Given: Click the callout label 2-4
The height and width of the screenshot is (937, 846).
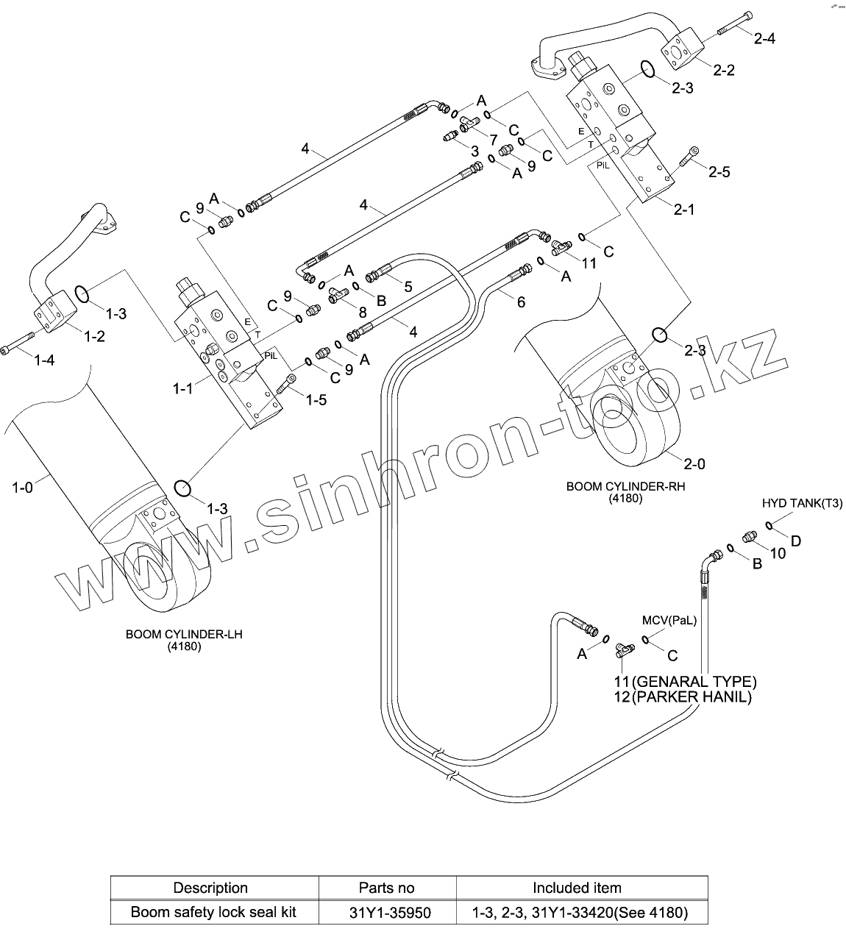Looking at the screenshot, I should pyautogui.click(x=764, y=39).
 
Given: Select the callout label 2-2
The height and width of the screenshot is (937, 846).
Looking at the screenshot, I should pyautogui.click(x=724, y=70).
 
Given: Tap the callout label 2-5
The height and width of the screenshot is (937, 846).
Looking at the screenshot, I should pyautogui.click(x=719, y=172).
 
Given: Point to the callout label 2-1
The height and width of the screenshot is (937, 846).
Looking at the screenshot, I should pyautogui.click(x=684, y=210).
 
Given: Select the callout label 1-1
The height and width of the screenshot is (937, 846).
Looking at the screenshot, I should pyautogui.click(x=183, y=388).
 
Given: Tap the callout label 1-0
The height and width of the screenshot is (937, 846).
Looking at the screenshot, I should pyautogui.click(x=23, y=486).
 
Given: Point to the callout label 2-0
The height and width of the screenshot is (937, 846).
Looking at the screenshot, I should pyautogui.click(x=694, y=464).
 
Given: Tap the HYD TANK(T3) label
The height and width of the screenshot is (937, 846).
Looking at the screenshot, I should pyautogui.click(x=802, y=504).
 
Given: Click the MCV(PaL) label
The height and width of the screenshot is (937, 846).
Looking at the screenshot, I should pyautogui.click(x=669, y=621).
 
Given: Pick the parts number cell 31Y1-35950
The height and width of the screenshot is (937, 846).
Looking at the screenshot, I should pyautogui.click(x=390, y=913).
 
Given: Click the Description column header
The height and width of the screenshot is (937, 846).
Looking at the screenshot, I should pyautogui.click(x=210, y=888).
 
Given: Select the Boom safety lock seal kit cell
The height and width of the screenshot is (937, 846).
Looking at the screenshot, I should pyautogui.click(x=213, y=913).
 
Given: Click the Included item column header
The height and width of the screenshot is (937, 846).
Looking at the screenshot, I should pyautogui.click(x=577, y=888).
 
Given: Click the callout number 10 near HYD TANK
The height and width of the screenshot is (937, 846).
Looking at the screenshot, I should pyautogui.click(x=778, y=553).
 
